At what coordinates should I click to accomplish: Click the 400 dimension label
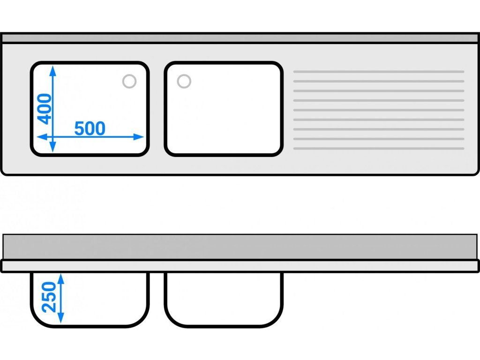(x=45, y=108)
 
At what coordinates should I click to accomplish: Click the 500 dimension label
(x=90, y=128)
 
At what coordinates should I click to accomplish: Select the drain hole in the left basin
(x=129, y=81)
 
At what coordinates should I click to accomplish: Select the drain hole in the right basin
(x=184, y=81)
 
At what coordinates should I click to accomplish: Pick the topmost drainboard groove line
(x=378, y=72)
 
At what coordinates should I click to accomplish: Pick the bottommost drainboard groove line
(x=378, y=148)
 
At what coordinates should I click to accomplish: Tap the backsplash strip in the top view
(x=240, y=38)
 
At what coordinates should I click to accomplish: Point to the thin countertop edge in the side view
(x=240, y=266)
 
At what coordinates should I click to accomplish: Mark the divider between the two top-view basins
(x=157, y=109)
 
